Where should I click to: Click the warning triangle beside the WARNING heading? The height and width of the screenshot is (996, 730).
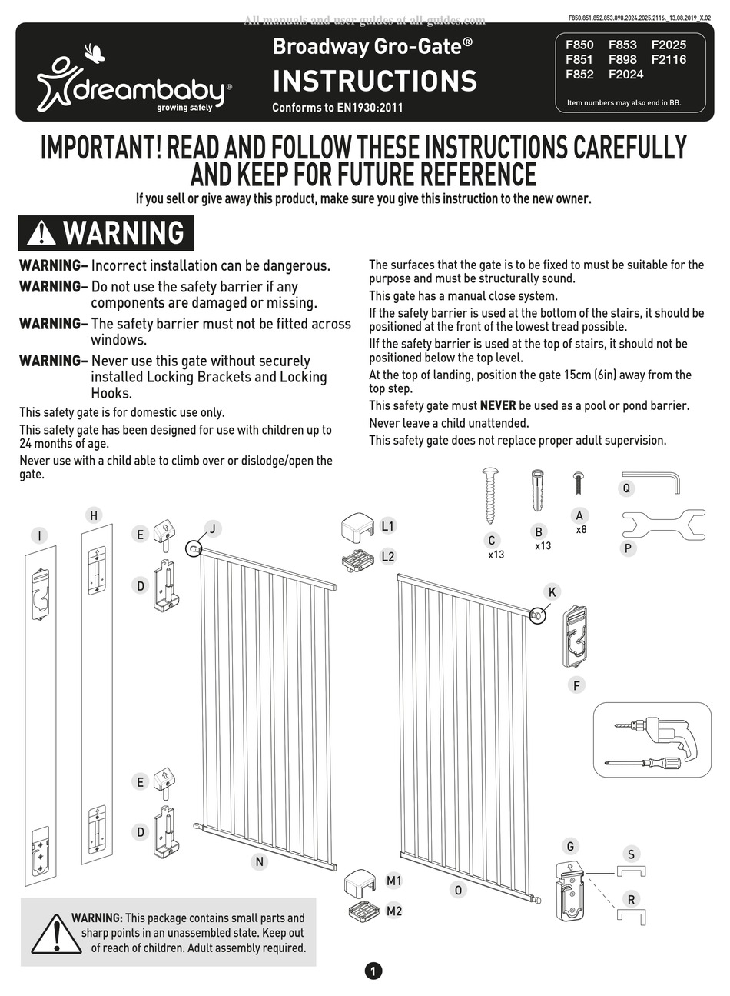point(41,233)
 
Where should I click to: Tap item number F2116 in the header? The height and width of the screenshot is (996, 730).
point(669,59)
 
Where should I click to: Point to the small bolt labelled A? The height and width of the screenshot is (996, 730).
point(579,484)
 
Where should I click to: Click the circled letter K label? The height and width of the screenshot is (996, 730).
point(552,591)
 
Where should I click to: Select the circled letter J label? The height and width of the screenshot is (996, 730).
point(213,528)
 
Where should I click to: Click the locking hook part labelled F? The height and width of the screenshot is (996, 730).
point(576,635)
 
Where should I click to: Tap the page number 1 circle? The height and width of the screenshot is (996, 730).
point(373,971)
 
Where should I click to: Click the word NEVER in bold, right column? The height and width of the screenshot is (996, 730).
point(498,405)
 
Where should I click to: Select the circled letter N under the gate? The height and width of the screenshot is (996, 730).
point(259,861)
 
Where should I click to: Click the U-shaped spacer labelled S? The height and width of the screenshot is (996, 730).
point(631,870)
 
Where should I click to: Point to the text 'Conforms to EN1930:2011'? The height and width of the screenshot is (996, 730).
point(337,108)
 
